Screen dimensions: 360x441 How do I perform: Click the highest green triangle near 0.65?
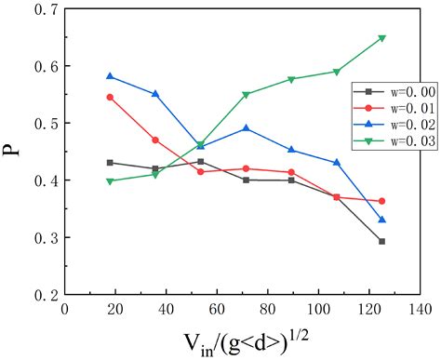pos(408,38)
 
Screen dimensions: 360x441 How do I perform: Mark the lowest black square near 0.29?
pos(408,241)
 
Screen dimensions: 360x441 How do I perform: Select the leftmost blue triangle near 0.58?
pos(110,76)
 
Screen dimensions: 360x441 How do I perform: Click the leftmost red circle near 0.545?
pos(110,97)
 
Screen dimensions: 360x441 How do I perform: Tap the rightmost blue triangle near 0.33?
pos(408,220)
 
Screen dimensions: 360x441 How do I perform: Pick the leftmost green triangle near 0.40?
pos(110,181)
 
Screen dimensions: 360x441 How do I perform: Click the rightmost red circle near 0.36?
pos(408,201)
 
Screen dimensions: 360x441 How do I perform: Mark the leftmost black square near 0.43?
pos(110,163)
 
